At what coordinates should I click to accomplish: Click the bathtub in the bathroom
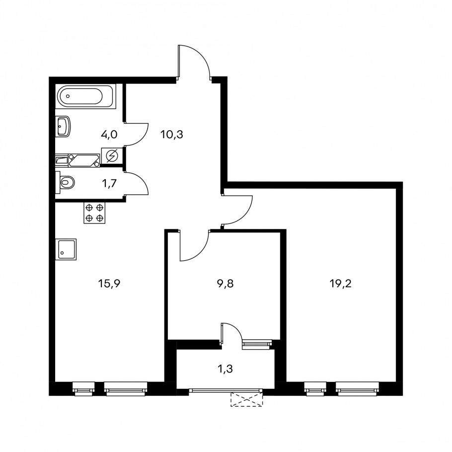pos(85,96)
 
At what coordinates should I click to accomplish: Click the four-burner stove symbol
pos(94,213)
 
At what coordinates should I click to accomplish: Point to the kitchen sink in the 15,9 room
pos(66,249)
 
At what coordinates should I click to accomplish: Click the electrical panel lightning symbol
pos(112,156)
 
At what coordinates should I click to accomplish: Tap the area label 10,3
pos(172,134)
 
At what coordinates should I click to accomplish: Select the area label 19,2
pos(340,284)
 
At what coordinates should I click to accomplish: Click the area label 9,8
pos(225,284)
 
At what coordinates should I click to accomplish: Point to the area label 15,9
pos(109,284)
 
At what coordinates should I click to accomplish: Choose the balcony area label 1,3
pos(225,369)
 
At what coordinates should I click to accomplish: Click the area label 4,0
pos(109,134)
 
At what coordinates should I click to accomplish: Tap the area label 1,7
pos(110,183)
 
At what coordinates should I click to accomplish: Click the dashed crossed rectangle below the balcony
pos(246,399)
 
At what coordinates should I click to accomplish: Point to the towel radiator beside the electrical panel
pos(84,160)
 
